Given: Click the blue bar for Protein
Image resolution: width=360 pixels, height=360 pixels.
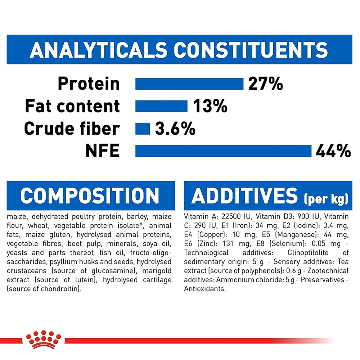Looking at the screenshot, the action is [x=189, y=84].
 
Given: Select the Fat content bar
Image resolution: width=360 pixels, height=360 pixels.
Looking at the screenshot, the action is [x=161, y=106].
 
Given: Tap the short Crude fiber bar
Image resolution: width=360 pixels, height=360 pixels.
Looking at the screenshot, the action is [x=142, y=129].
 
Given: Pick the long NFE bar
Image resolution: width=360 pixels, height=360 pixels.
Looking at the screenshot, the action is [x=223, y=151].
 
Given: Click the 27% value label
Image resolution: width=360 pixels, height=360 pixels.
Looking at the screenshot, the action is [x=265, y=84].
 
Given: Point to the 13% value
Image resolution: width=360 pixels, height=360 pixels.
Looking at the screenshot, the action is [x=210, y=106].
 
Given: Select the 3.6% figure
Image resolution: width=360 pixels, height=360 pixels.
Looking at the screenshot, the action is [x=175, y=129].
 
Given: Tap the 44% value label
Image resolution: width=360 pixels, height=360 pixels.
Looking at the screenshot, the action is [x=333, y=151].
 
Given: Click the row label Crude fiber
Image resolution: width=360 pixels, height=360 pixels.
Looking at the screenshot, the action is [x=72, y=129].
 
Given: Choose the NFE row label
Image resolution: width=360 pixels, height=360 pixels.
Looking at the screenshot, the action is [x=102, y=151].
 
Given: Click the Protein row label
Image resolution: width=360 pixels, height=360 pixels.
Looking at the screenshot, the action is [x=89, y=84].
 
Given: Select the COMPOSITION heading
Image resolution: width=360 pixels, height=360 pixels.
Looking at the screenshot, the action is [x=90, y=195].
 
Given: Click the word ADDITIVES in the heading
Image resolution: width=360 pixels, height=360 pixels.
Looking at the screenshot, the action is [x=244, y=195].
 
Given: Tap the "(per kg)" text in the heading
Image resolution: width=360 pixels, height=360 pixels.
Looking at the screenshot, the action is [x=326, y=199].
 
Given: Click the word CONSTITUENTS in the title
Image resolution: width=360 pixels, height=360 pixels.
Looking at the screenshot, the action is [x=251, y=50].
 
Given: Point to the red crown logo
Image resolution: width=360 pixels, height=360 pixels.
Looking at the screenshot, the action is [x=44, y=339].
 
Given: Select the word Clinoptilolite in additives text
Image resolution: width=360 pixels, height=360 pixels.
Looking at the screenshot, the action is [x=308, y=253].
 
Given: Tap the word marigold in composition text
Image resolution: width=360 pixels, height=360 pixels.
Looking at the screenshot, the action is [x=157, y=271].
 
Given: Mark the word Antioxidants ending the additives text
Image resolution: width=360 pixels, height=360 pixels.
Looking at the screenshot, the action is [x=205, y=289].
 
